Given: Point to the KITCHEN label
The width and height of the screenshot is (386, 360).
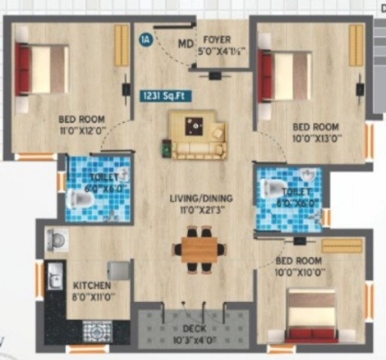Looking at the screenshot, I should [x=93, y=286].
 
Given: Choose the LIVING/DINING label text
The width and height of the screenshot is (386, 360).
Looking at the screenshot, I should [x=200, y=199].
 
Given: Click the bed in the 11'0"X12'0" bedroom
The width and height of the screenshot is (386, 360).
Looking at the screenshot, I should [x=42, y=68].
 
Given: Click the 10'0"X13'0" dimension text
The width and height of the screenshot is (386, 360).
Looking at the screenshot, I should [x=316, y=139].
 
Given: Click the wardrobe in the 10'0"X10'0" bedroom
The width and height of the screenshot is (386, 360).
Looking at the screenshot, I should [x=342, y=246].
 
